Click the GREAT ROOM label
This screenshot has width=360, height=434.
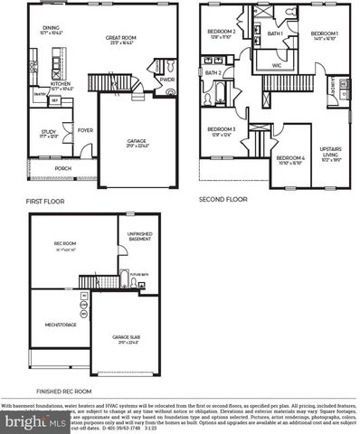(120, 37)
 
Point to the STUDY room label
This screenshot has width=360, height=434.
(47, 132)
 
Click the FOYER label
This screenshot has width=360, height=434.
(86, 129)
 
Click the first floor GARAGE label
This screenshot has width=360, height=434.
(137, 141)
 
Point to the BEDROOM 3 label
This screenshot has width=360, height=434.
(222, 129)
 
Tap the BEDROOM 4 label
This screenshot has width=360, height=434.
(291, 158)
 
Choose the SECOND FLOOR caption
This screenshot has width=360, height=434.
(223, 198)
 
